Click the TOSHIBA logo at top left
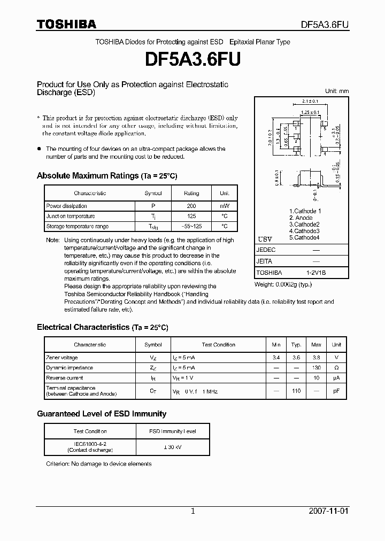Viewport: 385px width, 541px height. coord(66,25)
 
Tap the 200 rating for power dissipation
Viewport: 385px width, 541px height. coord(191,206)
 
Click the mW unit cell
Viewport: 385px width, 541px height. coord(224,206)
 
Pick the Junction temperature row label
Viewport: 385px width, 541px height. coord(71,216)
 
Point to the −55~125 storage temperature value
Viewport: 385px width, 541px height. coord(191,227)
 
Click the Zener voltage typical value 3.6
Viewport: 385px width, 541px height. coord(296,358)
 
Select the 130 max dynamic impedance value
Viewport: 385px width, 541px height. coord(317,368)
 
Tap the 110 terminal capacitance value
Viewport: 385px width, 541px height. coord(296,391)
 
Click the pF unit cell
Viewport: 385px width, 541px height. coord(336,391)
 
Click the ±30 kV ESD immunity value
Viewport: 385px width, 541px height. coord(172,447)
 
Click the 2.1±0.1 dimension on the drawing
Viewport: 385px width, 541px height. coord(310,101)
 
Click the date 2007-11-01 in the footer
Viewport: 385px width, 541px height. coord(328,511)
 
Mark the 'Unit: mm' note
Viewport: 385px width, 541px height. coord(337,91)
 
